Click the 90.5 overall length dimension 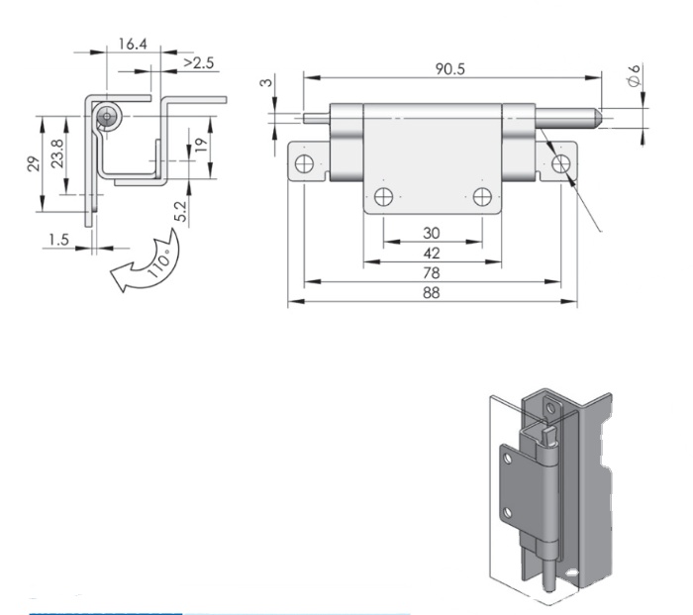tap(449, 69)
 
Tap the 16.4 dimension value tap(133, 44)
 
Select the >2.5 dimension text tap(198, 62)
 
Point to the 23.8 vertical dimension tap(57, 153)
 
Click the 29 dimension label tap(34, 164)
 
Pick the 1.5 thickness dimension tap(58, 240)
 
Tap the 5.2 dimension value tap(181, 211)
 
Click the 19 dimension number tap(201, 145)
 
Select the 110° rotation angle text tap(158, 263)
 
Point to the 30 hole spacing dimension tap(432, 233)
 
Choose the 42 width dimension tap(432, 253)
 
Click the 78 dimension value tap(432, 272)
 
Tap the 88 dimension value tap(432, 293)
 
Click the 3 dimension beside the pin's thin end tap(266, 82)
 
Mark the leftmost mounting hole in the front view tap(305, 163)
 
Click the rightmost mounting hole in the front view tap(561, 163)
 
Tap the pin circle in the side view tap(107, 117)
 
